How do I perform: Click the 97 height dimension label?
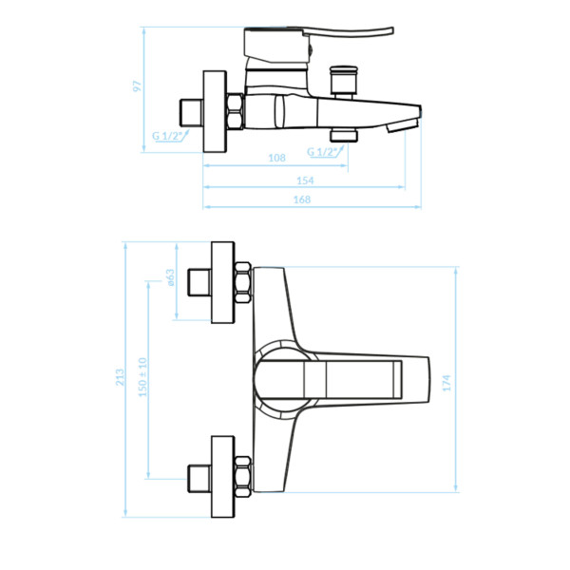coord(138,86)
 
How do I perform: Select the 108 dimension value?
coord(276,158)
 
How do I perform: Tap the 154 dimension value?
coord(305,180)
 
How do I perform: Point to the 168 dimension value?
coord(302,199)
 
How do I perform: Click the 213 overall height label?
coord(120,377)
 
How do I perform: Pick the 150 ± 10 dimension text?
coord(142,377)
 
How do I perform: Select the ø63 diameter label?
coord(170,277)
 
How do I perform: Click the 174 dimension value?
coord(446,383)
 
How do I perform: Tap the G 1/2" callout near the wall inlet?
coord(166,136)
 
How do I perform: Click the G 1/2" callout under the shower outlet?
coord(322,152)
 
